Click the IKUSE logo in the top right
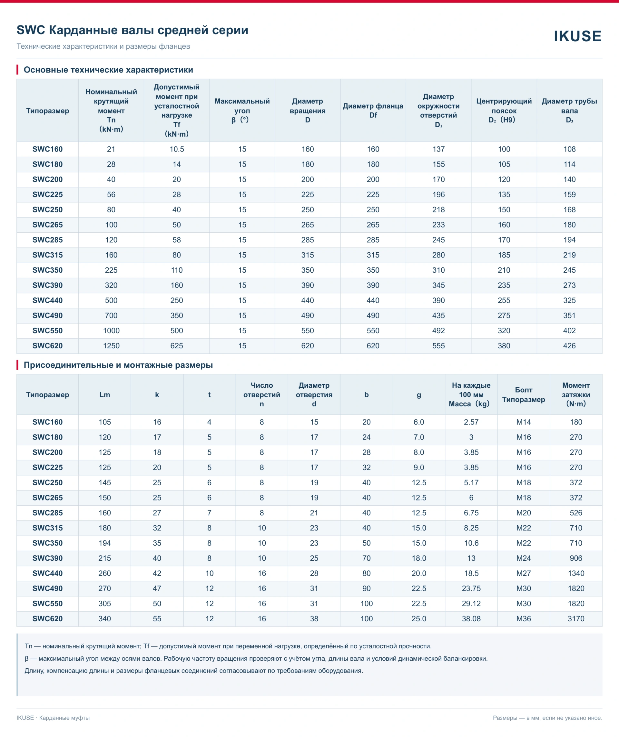(577, 36)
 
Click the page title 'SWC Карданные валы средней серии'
(133, 30)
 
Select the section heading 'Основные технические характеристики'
(108, 70)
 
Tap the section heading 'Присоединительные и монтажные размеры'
(118, 365)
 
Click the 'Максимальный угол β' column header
(242, 111)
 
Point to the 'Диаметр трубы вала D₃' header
(569, 111)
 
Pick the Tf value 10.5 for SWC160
(177, 149)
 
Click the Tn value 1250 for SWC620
(111, 346)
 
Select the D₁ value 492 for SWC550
(438, 331)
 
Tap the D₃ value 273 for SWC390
(569, 285)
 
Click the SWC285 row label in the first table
(47, 240)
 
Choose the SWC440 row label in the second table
(47, 574)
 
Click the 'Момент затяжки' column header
(576, 394)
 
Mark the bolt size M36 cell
(523, 619)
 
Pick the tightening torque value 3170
(576, 619)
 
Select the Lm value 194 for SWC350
(105, 543)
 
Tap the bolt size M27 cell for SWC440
(523, 574)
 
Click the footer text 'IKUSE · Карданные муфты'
(53, 718)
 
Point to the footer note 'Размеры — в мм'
(517, 718)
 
